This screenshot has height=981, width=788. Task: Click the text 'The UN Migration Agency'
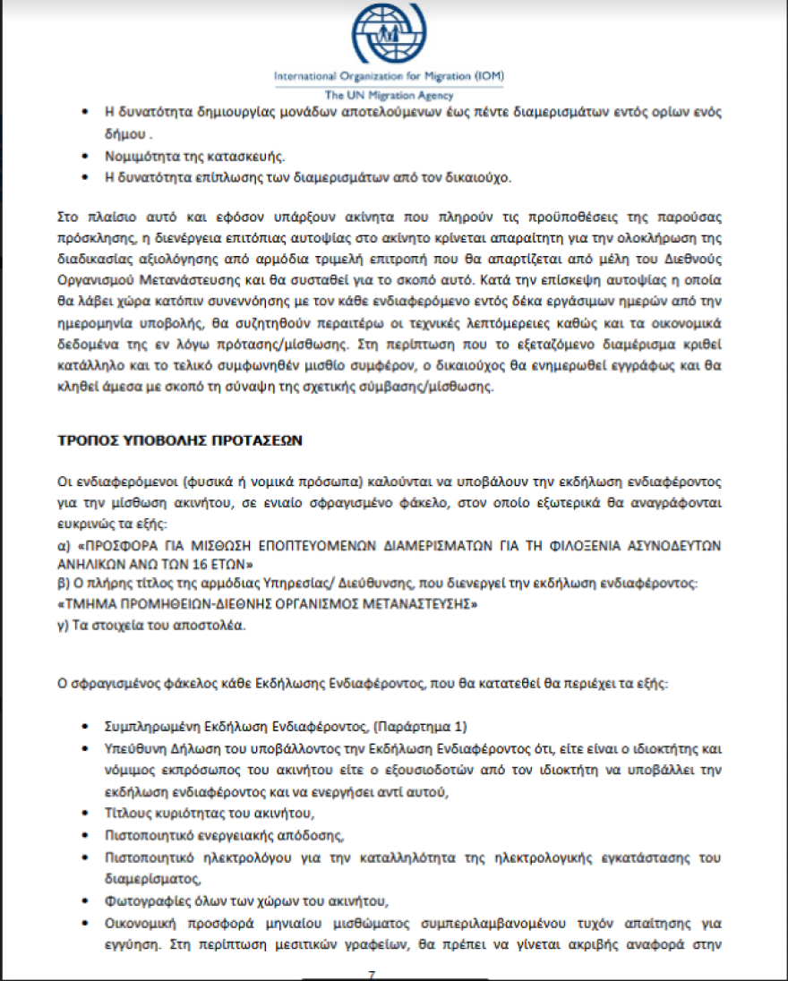point(389,95)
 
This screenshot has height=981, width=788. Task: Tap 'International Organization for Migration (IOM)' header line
point(389,77)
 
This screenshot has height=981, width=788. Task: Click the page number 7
point(371,973)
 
